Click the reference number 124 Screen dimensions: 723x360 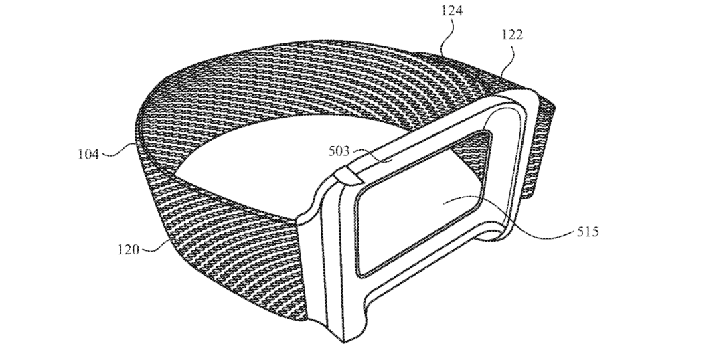pyautogui.click(x=452, y=11)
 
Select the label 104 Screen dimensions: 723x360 pyautogui.click(x=88, y=155)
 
